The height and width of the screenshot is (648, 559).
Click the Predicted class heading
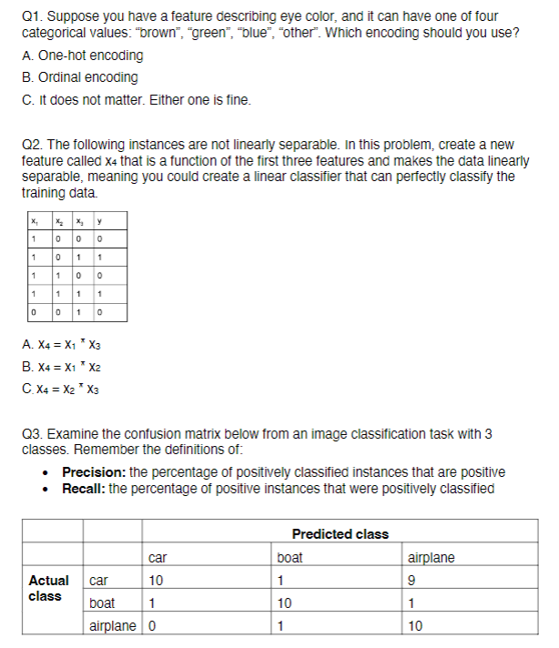coord(340,534)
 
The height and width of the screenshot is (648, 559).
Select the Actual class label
coord(48,588)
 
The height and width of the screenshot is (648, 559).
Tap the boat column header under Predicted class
coord(290,557)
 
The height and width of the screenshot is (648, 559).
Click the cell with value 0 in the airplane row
coord(150,625)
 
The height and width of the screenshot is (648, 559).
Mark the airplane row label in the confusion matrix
coord(114,625)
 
